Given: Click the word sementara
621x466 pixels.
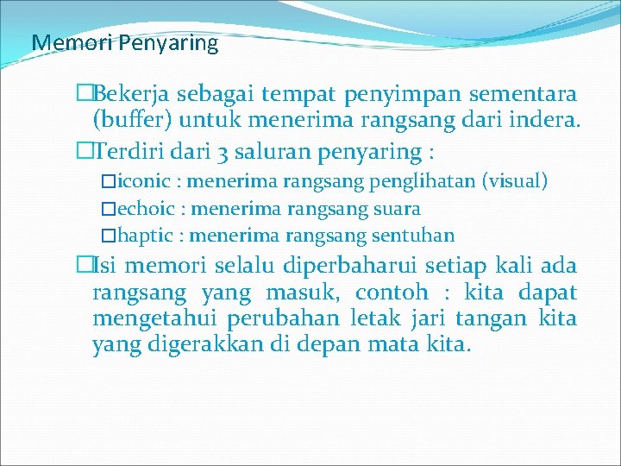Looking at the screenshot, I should pos(527,93).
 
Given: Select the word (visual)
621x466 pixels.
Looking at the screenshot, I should pos(515,182).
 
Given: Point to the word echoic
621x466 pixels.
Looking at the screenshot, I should pos(147,209).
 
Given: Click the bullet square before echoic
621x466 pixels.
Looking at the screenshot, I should pos(107,209).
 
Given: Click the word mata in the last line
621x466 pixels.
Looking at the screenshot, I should pos(397,346).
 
